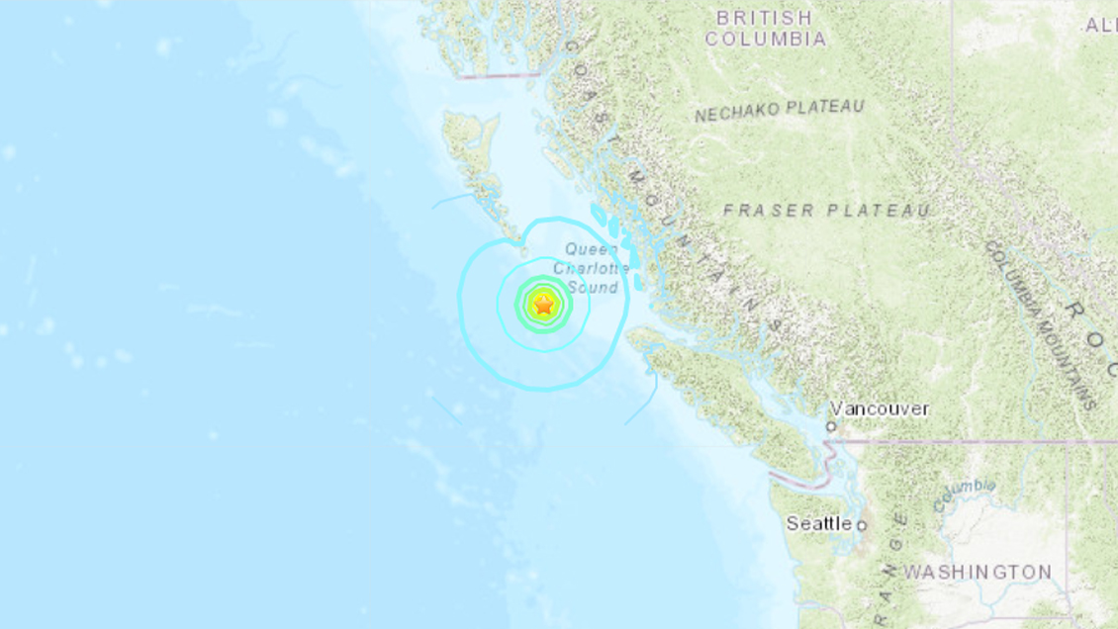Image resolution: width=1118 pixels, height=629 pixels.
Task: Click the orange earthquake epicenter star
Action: pyautogui.click(x=543, y=306)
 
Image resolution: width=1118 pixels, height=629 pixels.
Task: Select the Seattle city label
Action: pyautogui.click(x=818, y=524)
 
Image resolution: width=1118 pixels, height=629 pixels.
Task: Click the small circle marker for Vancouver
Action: pyautogui.click(x=832, y=427)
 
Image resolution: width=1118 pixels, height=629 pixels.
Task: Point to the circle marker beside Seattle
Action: pyautogui.click(x=861, y=525)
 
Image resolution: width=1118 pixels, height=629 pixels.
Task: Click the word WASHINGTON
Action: pyautogui.click(x=978, y=573)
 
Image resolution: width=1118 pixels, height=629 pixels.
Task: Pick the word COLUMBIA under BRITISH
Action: pyautogui.click(x=766, y=40)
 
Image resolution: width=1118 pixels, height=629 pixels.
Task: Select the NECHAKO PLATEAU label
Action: pyautogui.click(x=779, y=111)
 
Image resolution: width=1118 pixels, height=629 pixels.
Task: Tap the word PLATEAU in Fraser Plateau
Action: pyautogui.click(x=880, y=211)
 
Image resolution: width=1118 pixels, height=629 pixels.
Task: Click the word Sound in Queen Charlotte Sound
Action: pyautogui.click(x=594, y=288)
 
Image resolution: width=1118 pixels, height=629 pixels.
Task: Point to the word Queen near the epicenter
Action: pyautogui.click(x=592, y=250)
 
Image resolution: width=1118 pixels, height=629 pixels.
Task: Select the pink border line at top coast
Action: pyautogui.click(x=500, y=74)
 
